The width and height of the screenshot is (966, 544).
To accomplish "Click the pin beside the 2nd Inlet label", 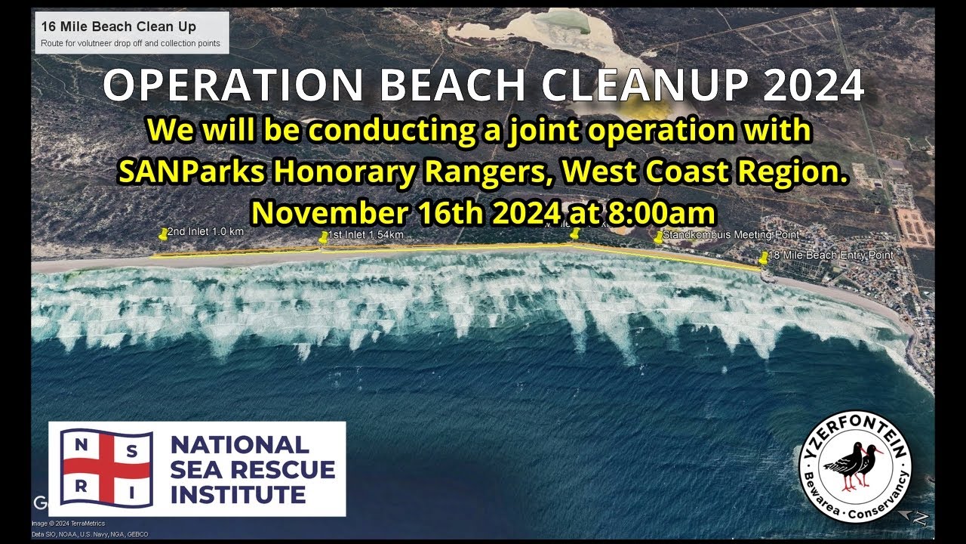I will (162, 235).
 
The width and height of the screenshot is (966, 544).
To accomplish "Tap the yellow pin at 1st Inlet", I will (324, 237).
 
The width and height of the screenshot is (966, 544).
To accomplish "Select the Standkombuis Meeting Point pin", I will (658, 237).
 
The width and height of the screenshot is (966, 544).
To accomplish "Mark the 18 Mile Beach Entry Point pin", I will (763, 258).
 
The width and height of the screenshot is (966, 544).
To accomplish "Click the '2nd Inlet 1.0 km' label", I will (205, 231).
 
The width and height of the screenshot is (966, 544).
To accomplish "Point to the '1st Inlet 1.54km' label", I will (366, 235).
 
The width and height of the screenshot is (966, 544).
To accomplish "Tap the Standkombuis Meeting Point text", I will (731, 235).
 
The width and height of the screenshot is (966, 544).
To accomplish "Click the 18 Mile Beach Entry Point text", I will (831, 255).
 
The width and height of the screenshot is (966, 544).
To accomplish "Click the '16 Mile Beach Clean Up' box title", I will (118, 26).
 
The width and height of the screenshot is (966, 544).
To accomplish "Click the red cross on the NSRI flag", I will (106, 468).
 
